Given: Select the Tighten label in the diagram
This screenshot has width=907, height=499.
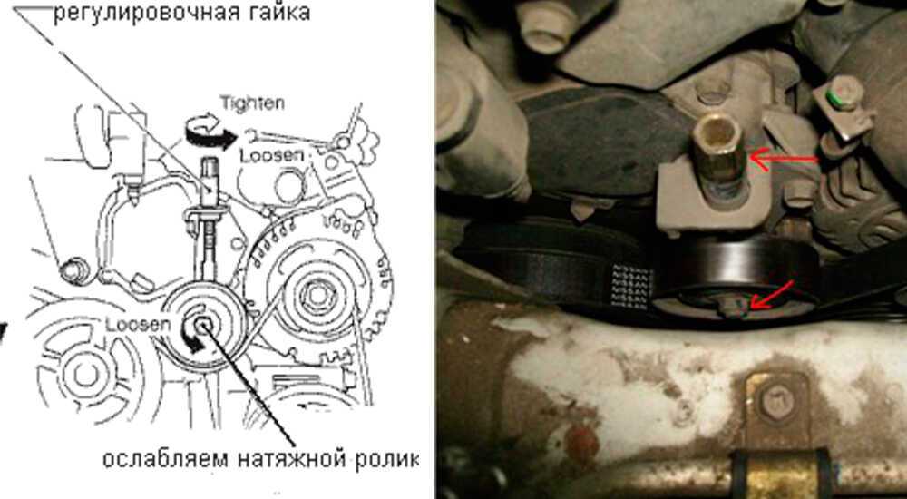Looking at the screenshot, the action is (252, 103).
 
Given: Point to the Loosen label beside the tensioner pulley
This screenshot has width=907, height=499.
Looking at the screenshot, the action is (138, 324).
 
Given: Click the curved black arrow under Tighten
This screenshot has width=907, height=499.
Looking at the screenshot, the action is (210, 134).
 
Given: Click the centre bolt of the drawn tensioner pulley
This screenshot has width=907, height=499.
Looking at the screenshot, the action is (202, 326).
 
